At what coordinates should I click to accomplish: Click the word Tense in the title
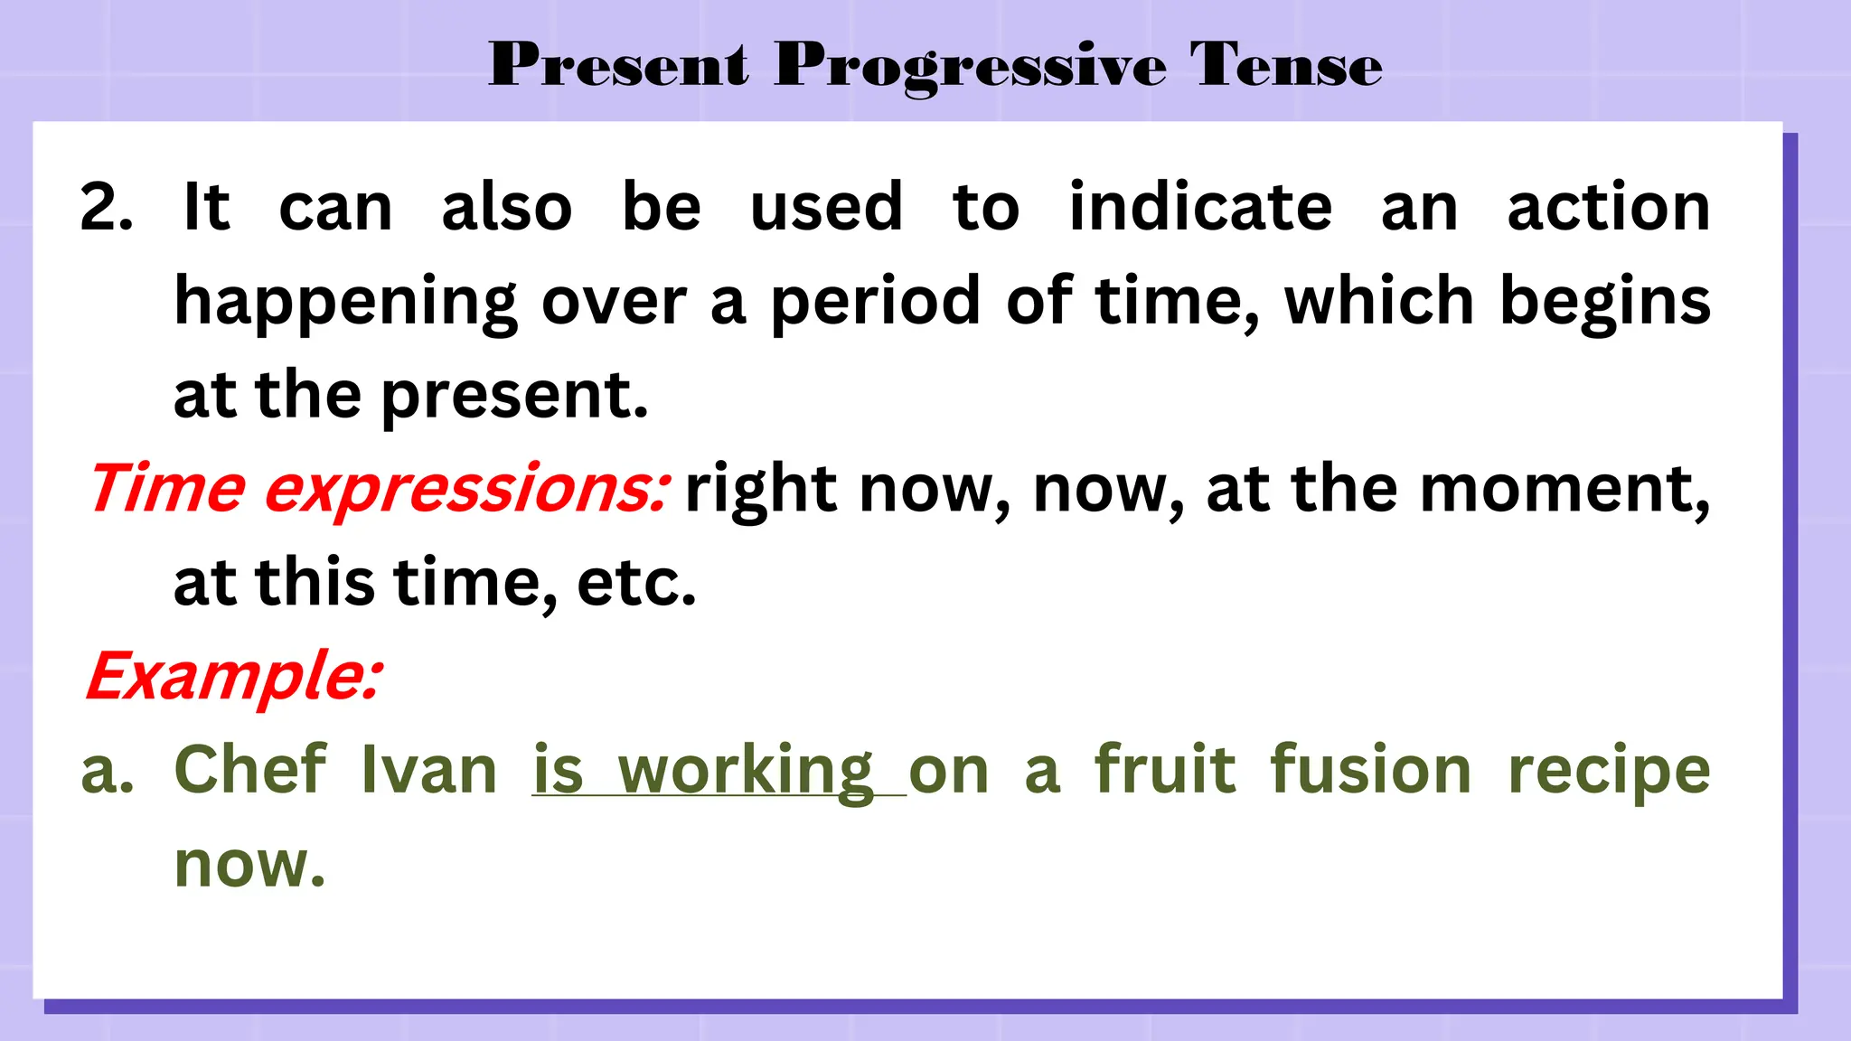pyautogui.click(x=1285, y=65)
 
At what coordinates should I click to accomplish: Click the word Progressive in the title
pyautogui.click(x=970, y=65)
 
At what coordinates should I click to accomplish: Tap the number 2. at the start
pyautogui.click(x=106, y=208)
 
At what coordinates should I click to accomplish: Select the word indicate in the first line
pyautogui.click(x=1200, y=208)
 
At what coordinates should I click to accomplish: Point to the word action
pyautogui.click(x=1608, y=208)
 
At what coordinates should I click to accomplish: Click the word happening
pyautogui.click(x=345, y=303)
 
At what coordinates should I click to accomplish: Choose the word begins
pyautogui.click(x=1604, y=303)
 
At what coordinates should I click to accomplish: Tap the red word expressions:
pyautogui.click(x=466, y=490)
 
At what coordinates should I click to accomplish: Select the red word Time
pyautogui.click(x=167, y=488)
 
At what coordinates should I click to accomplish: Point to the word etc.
pyautogui.click(x=636, y=583)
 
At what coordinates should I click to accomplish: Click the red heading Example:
pyautogui.click(x=234, y=676)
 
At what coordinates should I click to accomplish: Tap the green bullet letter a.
pyautogui.click(x=107, y=772)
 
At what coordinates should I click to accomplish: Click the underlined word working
pyautogui.click(x=745, y=772)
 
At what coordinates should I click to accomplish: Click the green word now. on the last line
pyautogui.click(x=249, y=865)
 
